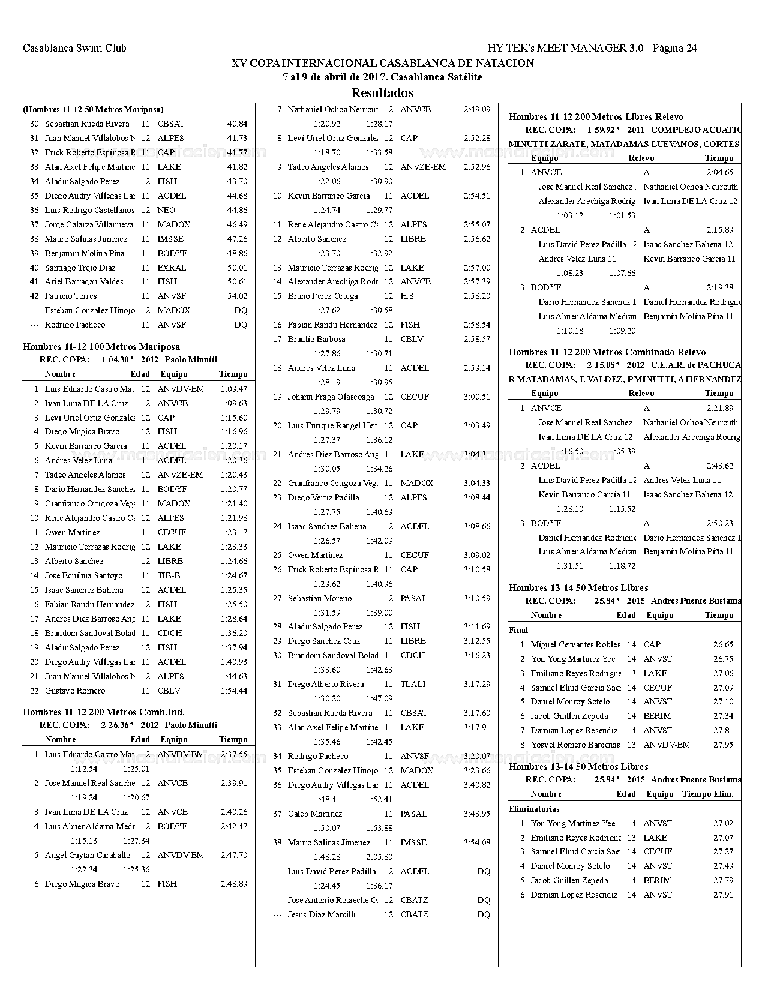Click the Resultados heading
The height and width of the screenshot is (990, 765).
tap(382, 93)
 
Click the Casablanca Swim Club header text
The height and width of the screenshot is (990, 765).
tap(74, 48)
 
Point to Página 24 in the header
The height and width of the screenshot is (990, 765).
tap(675, 48)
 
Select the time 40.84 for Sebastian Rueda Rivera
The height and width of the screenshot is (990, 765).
tap(237, 124)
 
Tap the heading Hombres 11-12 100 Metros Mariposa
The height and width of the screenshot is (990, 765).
tap(101, 347)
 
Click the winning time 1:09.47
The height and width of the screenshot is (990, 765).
tap(233, 389)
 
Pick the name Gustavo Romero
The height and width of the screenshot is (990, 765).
tap(75, 691)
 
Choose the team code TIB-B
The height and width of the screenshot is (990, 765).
tap(169, 575)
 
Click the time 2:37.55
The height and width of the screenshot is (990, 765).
tap(233, 754)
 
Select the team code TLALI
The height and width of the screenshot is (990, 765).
tap(413, 684)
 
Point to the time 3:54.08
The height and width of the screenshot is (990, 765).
tap(476, 842)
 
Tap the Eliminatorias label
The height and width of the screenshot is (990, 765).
tap(534, 809)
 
